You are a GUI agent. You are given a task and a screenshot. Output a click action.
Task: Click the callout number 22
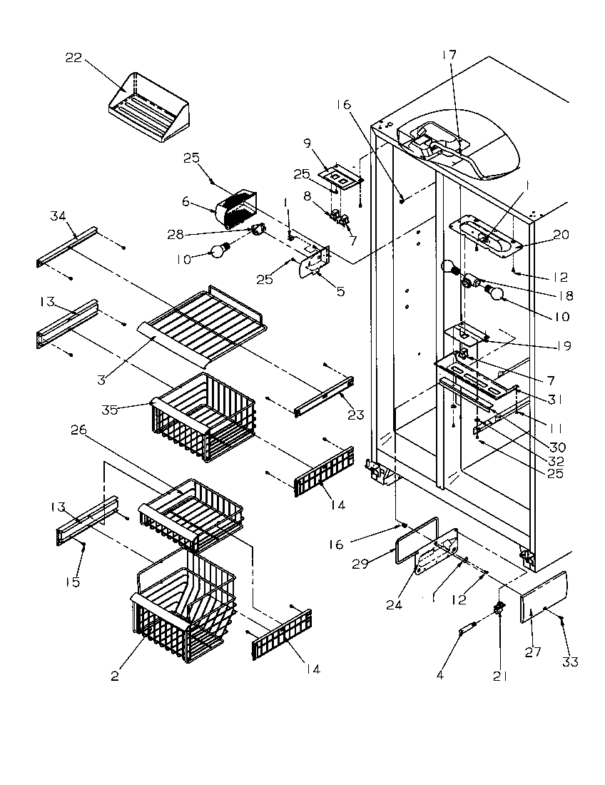pyautogui.click(x=73, y=58)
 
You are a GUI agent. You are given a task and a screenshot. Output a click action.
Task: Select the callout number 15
pyautogui.click(x=73, y=582)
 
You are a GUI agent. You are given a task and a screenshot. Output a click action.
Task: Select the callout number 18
pyautogui.click(x=566, y=296)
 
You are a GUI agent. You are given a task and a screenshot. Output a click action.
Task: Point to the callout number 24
pyautogui.click(x=394, y=604)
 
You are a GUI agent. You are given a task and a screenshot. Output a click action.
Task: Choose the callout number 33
pyautogui.click(x=569, y=662)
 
